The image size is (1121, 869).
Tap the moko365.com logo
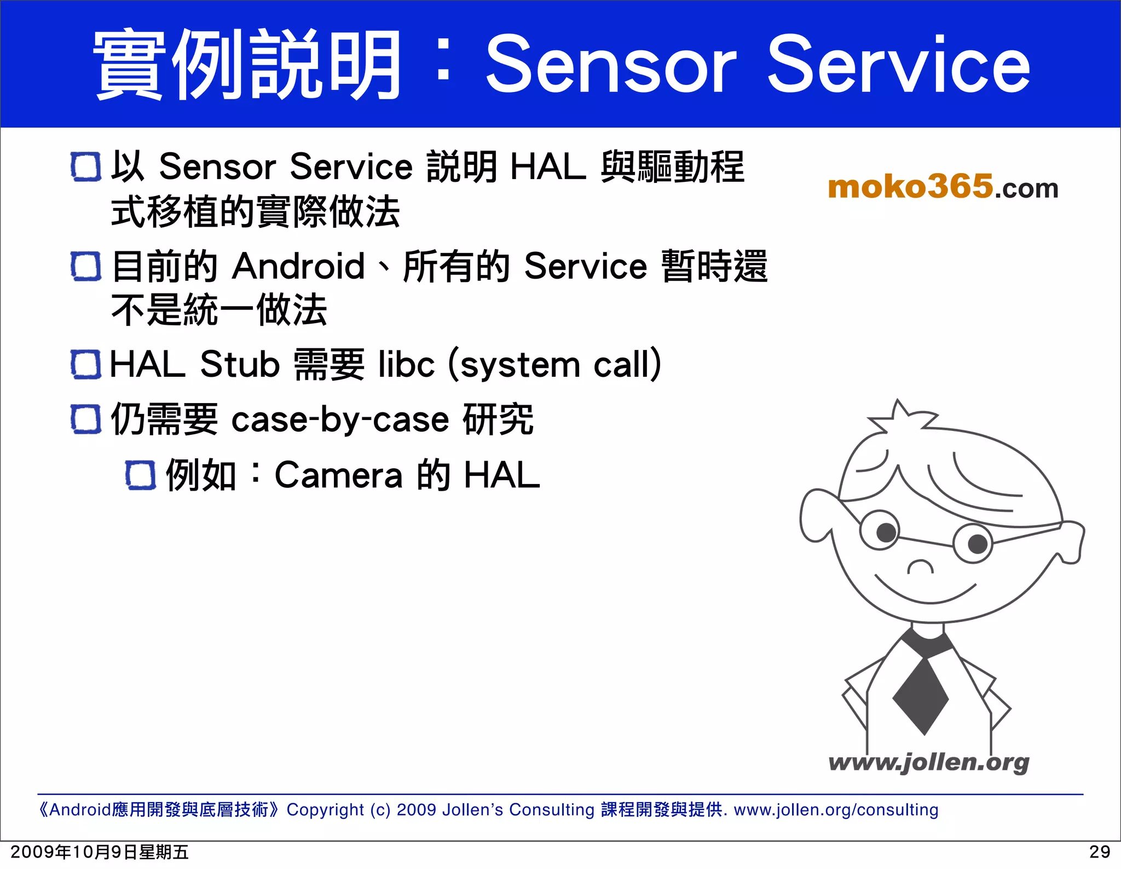tap(943, 187)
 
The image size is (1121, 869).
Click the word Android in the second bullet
tap(299, 266)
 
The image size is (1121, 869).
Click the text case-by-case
tap(340, 420)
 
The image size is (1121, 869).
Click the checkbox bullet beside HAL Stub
tap(86, 365)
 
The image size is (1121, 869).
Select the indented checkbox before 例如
tap(141, 475)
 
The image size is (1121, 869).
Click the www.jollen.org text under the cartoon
tap(928, 762)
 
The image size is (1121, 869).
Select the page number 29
tap(1100, 852)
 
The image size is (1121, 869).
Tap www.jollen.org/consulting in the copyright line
tap(836, 809)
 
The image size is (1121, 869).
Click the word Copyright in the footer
tap(325, 809)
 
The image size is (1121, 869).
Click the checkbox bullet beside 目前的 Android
tap(86, 266)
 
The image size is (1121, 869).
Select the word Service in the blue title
tap(898, 64)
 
